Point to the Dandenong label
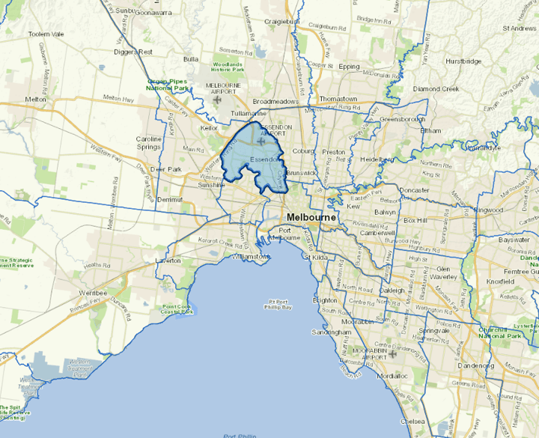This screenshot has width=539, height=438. [x=476, y=366]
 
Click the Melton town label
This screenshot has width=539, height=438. [x=35, y=99]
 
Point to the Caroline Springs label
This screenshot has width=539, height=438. [x=148, y=143]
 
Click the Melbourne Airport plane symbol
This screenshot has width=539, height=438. [x=217, y=99]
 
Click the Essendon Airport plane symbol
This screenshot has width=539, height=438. [x=260, y=141]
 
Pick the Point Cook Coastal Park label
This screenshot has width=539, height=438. [x=177, y=309]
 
